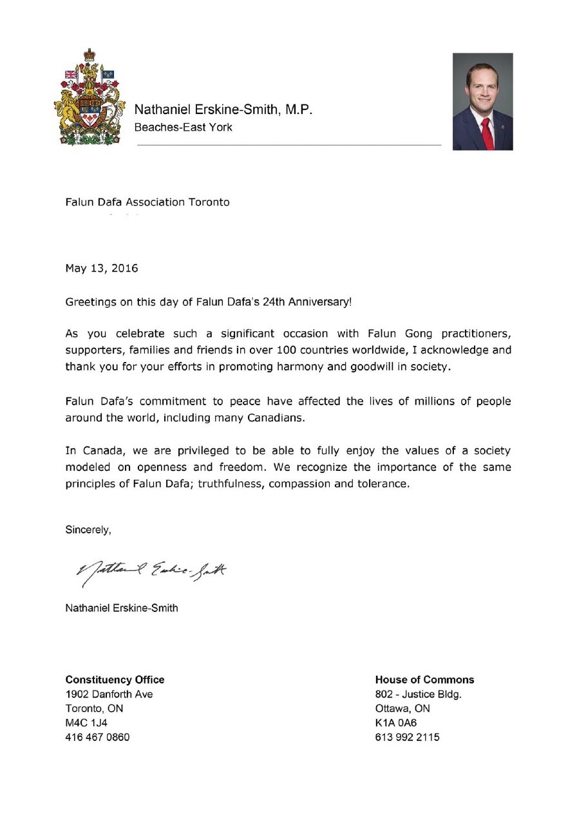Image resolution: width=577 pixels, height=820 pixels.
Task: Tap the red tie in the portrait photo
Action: (x=487, y=133)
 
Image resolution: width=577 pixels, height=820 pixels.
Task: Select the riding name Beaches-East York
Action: (x=183, y=127)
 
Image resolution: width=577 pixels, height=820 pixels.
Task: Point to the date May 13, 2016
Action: (x=101, y=268)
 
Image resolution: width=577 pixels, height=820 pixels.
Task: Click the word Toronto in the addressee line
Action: (x=209, y=202)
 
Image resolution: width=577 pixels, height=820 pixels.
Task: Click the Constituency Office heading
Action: (x=115, y=680)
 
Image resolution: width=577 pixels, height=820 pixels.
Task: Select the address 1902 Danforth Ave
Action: (x=109, y=694)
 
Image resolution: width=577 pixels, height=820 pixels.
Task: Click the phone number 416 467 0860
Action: (x=97, y=737)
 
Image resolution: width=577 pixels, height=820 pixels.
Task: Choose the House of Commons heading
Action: (x=424, y=680)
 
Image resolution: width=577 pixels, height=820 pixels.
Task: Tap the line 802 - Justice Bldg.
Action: (x=419, y=694)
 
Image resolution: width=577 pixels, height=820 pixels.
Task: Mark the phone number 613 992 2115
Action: (x=407, y=737)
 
